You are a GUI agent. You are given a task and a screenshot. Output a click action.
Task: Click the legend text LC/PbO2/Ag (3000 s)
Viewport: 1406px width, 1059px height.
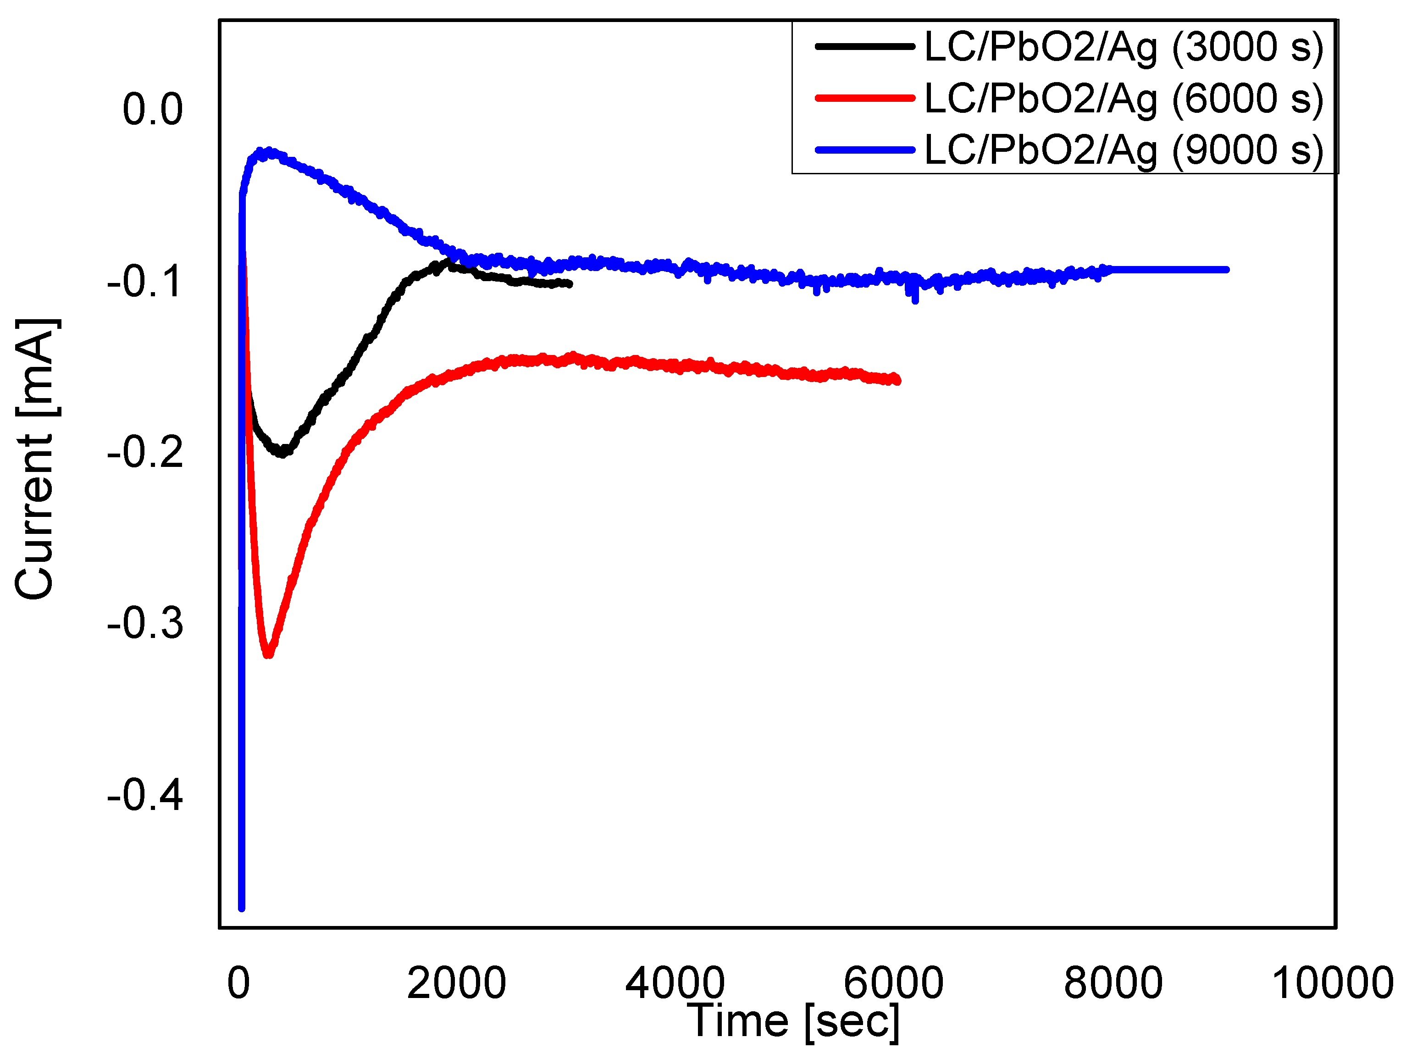coord(1123,47)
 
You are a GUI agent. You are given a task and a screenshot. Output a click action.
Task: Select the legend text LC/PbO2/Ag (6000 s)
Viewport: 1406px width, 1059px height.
coord(1123,99)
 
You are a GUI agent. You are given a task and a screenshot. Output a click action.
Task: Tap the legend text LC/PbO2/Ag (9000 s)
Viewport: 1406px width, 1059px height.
coord(1123,150)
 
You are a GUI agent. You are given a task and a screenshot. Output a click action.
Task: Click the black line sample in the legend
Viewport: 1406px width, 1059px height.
coord(864,46)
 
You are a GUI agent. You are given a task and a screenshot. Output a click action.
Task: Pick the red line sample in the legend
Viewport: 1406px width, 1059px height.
coord(864,98)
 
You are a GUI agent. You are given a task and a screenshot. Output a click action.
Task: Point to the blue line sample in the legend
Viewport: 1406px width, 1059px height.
coord(864,150)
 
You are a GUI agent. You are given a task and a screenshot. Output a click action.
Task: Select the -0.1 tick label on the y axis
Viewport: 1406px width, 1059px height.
coord(145,281)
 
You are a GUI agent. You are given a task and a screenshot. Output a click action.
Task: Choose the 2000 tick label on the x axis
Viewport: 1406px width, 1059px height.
coord(456,983)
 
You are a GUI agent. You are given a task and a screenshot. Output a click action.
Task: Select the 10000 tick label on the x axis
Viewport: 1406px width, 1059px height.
coord(1332,983)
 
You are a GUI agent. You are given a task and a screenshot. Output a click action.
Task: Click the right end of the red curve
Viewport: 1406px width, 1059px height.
coord(897,380)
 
